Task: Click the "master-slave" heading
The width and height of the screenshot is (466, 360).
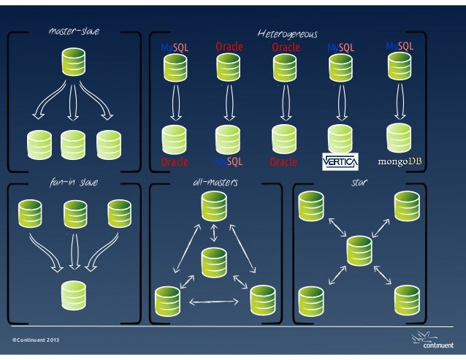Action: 73,31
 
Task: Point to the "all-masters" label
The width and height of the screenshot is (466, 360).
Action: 214,181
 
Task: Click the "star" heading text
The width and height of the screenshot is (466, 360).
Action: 358,181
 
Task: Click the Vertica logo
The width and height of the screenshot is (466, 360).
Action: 340,161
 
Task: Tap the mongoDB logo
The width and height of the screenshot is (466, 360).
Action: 399,161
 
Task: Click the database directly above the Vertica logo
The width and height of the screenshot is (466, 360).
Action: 340,137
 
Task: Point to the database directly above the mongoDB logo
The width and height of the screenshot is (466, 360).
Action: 399,136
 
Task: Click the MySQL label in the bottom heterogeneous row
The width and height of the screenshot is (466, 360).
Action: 229,161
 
